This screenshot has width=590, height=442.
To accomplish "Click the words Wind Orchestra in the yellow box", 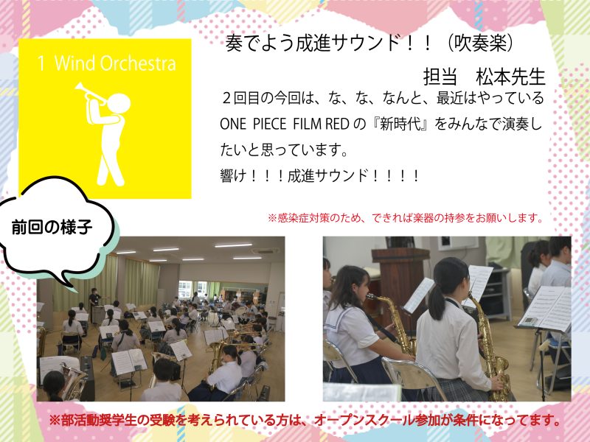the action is pos(115,63).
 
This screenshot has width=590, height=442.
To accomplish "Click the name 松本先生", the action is pos(510,77).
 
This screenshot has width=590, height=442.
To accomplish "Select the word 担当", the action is pos(440,77).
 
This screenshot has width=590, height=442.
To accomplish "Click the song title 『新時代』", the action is pos(400,124).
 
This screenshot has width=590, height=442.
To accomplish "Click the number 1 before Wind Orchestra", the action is pos(41,63).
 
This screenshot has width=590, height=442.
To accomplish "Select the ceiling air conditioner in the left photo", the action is pos(266,251).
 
